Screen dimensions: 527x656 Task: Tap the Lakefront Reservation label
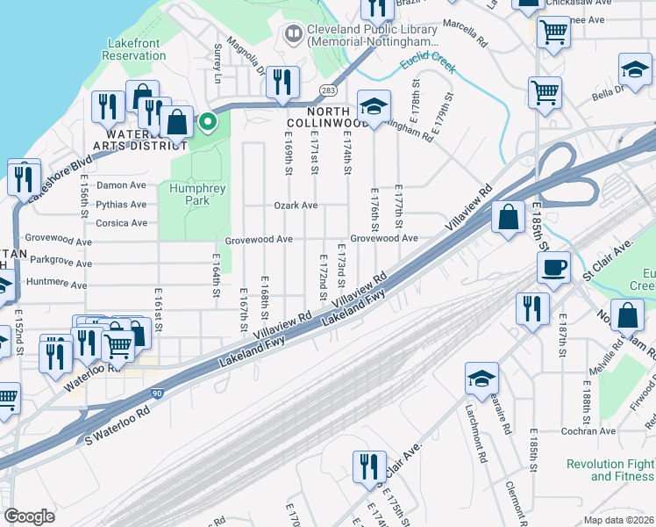(136, 49)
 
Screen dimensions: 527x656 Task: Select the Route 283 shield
(327, 90)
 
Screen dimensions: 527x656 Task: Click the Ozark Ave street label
(296, 206)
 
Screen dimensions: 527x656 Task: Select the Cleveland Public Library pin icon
(293, 34)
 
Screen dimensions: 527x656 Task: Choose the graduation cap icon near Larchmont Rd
(481, 378)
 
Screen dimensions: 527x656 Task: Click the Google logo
(29, 516)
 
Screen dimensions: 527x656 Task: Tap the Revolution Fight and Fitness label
(610, 470)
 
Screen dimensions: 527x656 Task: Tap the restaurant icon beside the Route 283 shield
(282, 83)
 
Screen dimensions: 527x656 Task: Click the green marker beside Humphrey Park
(207, 122)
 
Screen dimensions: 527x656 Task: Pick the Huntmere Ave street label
(56, 285)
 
